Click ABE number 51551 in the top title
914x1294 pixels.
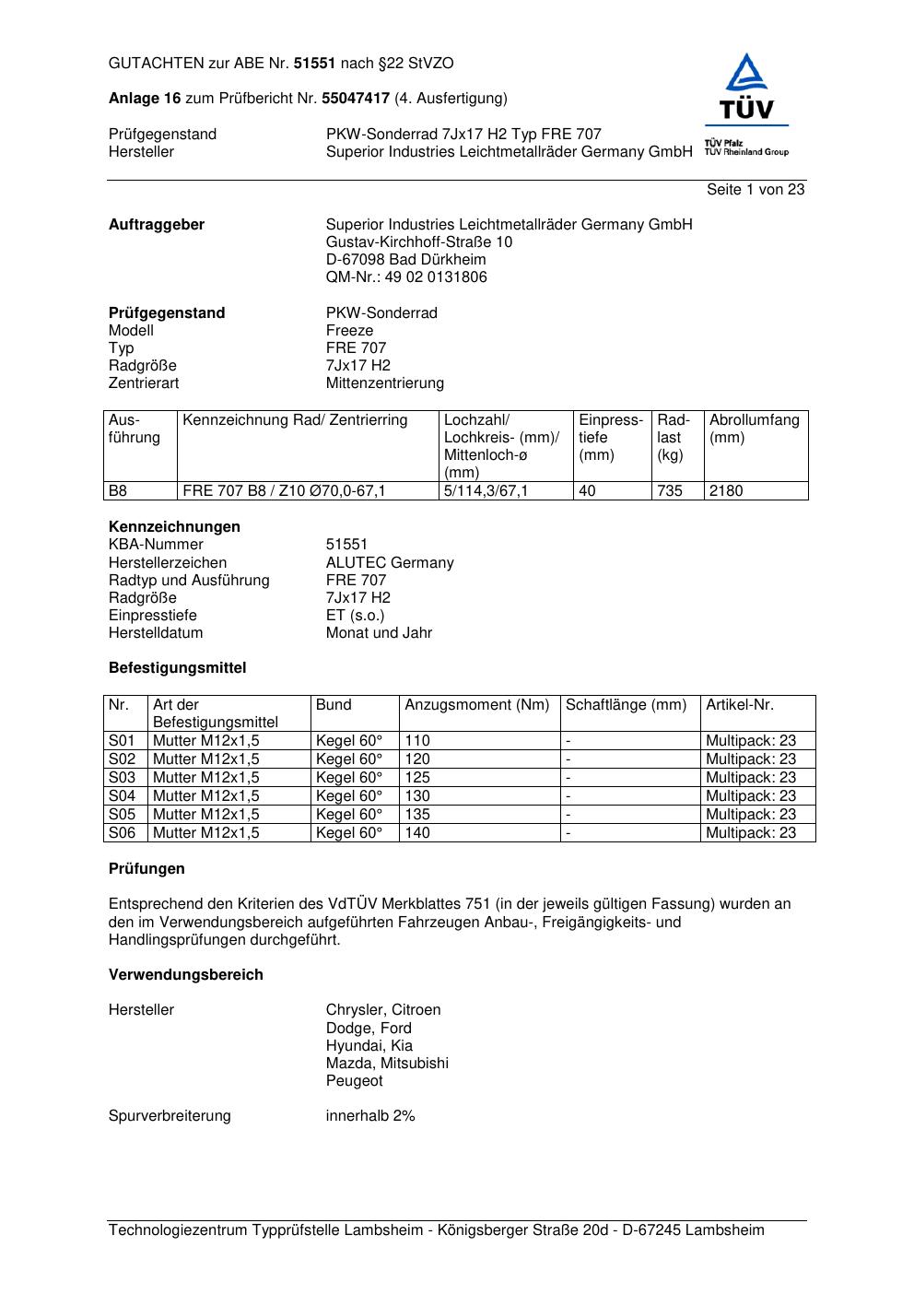pyautogui.click(x=314, y=64)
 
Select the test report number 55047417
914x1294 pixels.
pyautogui.click(x=356, y=98)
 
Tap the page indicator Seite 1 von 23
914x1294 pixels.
pyautogui.click(x=756, y=189)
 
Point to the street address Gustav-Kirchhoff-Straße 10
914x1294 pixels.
pyautogui.click(x=419, y=241)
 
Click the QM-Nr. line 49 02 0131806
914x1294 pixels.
pyautogui.click(x=406, y=276)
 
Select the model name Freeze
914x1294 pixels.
pyautogui.click(x=349, y=330)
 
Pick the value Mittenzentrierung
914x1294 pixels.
pyautogui.click(x=384, y=382)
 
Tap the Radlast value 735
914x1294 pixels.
pyautogui.click(x=670, y=490)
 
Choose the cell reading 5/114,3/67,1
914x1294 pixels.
pyautogui.click(x=486, y=490)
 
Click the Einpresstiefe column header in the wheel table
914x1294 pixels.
pyautogui.click(x=610, y=437)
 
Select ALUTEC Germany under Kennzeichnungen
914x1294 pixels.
pyautogui.click(x=389, y=562)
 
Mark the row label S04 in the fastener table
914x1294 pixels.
pyautogui.click(x=122, y=795)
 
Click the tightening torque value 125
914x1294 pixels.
pyautogui.click(x=417, y=777)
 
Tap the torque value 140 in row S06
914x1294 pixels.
pyautogui.click(x=417, y=832)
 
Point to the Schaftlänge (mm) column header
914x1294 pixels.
pyautogui.click(x=626, y=705)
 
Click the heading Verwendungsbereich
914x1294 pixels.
pyautogui.click(x=185, y=974)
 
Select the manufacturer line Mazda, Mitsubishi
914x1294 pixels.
pyautogui.click(x=387, y=1063)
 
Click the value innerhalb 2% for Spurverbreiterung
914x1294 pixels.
pyautogui.click(x=370, y=1115)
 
